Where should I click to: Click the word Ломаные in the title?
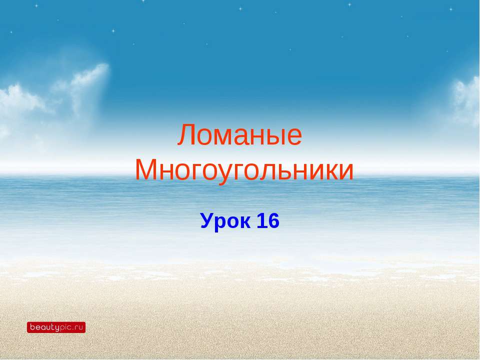239,135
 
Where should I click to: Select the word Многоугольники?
244,170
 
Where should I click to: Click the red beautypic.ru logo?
56,327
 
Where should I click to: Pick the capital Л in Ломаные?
186,136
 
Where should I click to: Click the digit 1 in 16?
261,220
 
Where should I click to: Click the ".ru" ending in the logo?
77,328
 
